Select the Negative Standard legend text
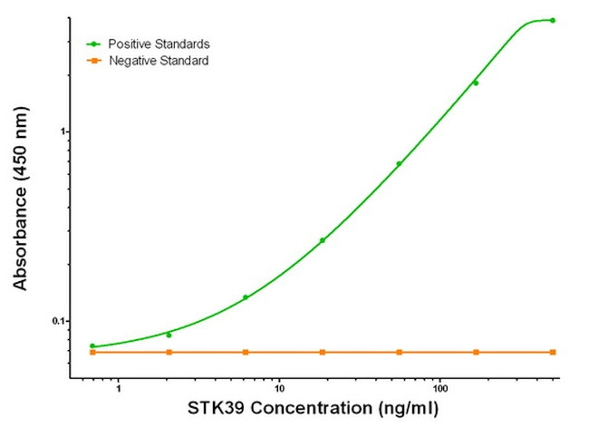[159, 61]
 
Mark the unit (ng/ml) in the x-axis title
[405, 408]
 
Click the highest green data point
[553, 20]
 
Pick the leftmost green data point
[92, 345]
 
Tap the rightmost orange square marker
[553, 352]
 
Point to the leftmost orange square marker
[92, 352]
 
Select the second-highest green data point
[476, 83]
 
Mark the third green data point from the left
[246, 297]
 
